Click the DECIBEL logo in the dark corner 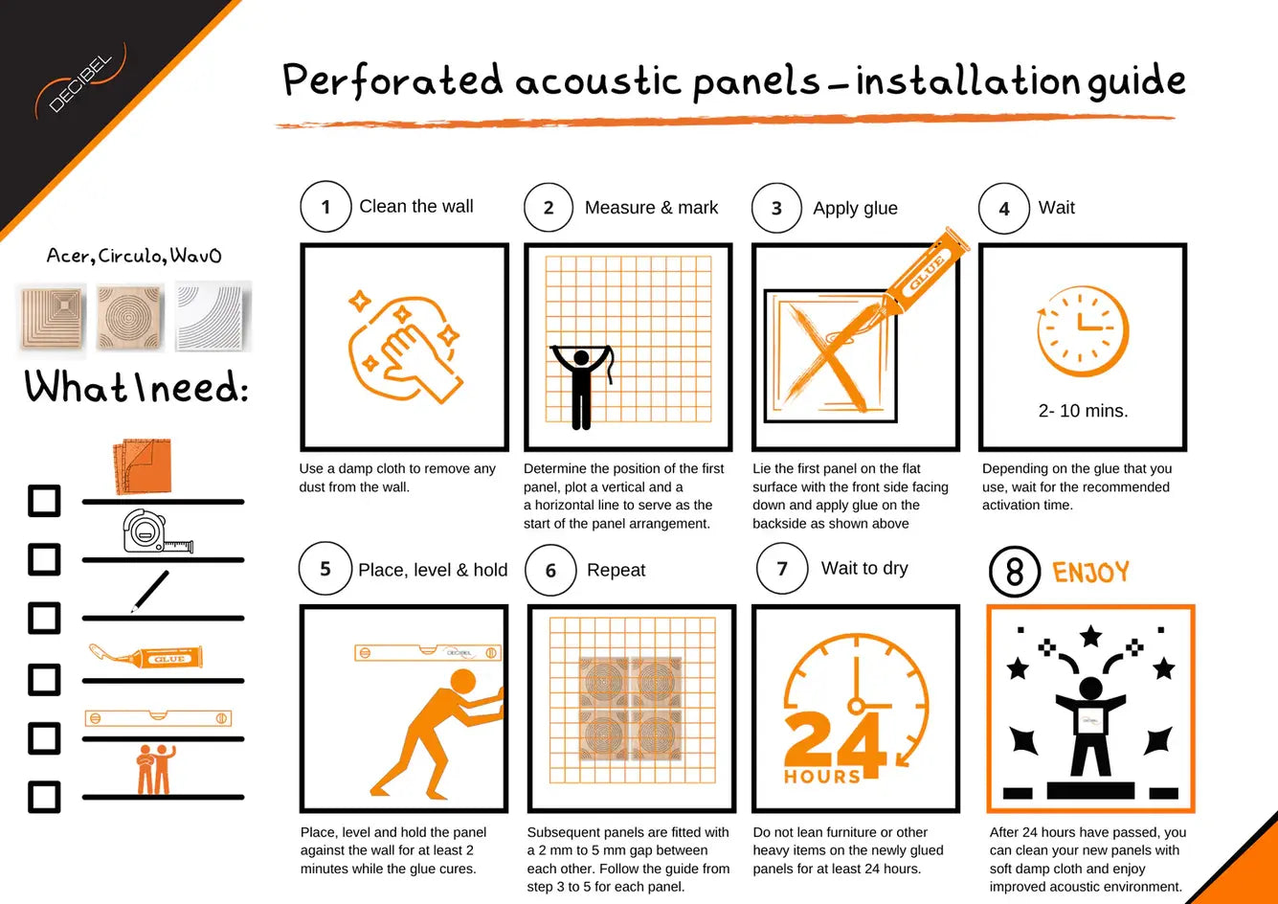pyautogui.click(x=80, y=80)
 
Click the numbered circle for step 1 pyautogui.click(x=325, y=206)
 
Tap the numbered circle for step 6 pyautogui.click(x=550, y=570)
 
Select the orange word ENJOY pyautogui.click(x=1090, y=572)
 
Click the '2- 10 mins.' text pyautogui.click(x=1083, y=411)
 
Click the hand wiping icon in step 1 pyautogui.click(x=405, y=348)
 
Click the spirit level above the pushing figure pyautogui.click(x=428, y=652)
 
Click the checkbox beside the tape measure pyautogui.click(x=44, y=558)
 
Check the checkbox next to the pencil pyautogui.click(x=44, y=618)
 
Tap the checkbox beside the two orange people pyautogui.click(x=44, y=797)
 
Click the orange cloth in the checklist pyautogui.click(x=143, y=465)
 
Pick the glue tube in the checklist pyautogui.click(x=146, y=656)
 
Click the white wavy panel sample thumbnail pyautogui.click(x=213, y=316)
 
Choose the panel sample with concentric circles pyautogui.click(x=129, y=317)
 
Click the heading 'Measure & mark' pyautogui.click(x=651, y=208)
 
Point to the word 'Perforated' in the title pyautogui.click(x=393, y=80)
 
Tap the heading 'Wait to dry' pyautogui.click(x=864, y=569)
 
